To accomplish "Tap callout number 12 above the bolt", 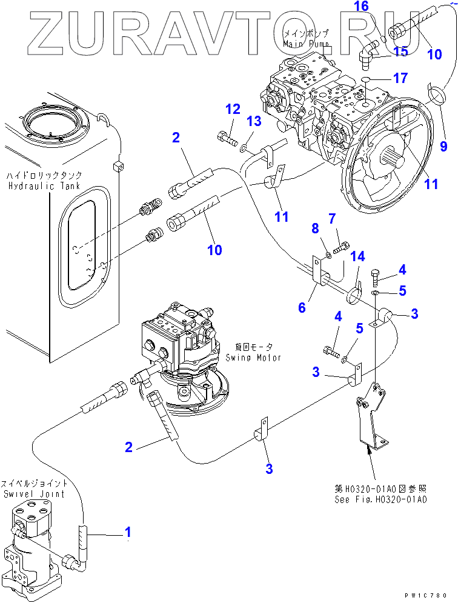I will point(233,110).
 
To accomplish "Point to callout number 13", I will point(254,122).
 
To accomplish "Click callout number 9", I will point(443,146).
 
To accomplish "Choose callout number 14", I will point(359,258).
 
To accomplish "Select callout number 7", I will point(332,218).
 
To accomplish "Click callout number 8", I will point(315,229).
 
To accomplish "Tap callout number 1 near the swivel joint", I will point(128,533).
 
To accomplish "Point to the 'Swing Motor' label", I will point(253,358).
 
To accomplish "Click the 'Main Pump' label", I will point(307,44).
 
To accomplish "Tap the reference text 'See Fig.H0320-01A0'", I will point(380,500).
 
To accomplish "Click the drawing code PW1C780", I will point(431,595).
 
